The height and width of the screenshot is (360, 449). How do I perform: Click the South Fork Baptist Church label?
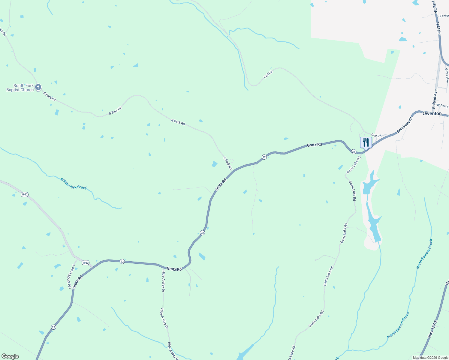point(20,88)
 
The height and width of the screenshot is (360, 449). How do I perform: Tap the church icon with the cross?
point(38,87)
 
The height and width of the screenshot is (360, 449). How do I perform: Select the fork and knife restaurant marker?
point(366,142)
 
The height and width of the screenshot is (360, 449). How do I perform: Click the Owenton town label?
point(432,114)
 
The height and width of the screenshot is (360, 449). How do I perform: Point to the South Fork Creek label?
point(74,184)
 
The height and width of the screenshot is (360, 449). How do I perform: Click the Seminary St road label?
point(405,125)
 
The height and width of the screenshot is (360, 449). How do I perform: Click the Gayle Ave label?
point(447,76)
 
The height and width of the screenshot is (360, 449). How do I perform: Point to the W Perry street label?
point(442,106)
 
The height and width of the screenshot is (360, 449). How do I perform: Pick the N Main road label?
point(438,28)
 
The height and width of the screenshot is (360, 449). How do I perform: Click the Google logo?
point(10,356)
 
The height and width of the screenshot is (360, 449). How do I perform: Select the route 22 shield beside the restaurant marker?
point(354,152)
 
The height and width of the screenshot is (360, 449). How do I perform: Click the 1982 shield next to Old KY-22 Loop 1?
point(86,263)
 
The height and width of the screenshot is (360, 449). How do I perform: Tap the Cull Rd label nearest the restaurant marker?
point(376,136)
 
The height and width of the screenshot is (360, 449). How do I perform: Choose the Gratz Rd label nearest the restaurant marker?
point(314,145)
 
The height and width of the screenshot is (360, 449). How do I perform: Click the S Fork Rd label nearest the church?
point(50,96)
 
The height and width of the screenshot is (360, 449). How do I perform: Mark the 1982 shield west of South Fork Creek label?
point(25,195)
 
